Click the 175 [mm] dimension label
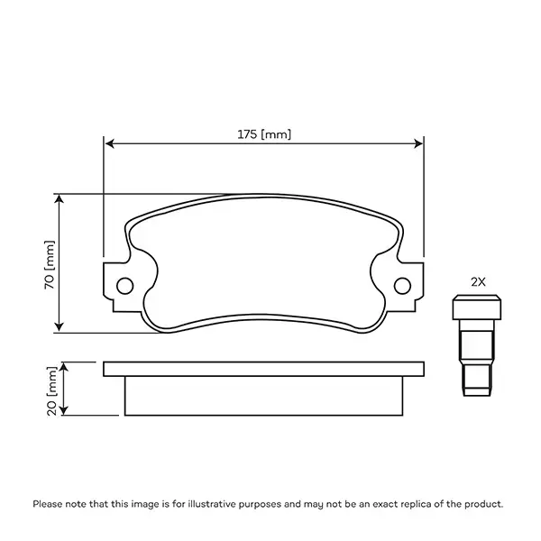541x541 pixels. pos(264,134)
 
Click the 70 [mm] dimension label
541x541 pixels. pos(50,262)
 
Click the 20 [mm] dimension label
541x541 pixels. pos(51,389)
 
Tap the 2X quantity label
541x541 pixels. pos(479,281)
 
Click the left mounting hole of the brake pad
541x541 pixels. pos(124,285)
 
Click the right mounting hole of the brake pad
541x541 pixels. pos(402,285)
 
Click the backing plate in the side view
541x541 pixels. pos(263,368)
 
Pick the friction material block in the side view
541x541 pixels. pos(263,396)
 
